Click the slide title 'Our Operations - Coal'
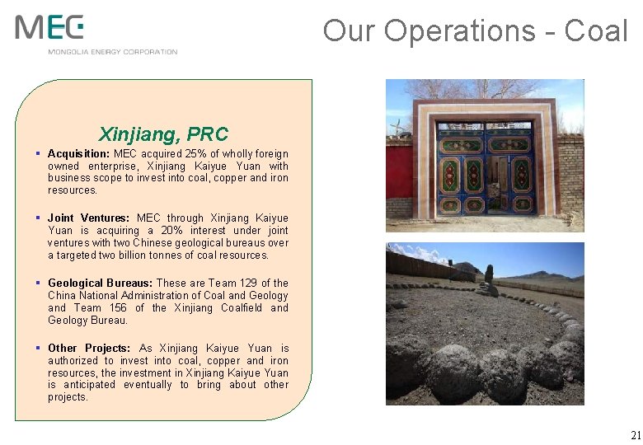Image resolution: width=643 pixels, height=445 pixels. tap(475, 31)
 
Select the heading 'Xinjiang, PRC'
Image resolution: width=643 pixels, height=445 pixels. tap(163, 133)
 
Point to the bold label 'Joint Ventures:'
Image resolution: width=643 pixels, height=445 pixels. tap(87, 218)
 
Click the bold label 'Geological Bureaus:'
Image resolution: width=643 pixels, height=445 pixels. tap(101, 283)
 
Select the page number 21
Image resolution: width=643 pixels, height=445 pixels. tap(635, 435)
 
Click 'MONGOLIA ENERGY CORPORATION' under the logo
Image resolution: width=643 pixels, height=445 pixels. tap(113, 52)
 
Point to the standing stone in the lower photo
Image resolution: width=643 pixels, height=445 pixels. tap(489, 274)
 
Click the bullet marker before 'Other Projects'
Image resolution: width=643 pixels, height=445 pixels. tap(39, 349)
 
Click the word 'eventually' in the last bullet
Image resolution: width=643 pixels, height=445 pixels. tap(148, 385)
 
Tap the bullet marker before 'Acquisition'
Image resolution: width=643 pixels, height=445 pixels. tap(39, 154)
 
